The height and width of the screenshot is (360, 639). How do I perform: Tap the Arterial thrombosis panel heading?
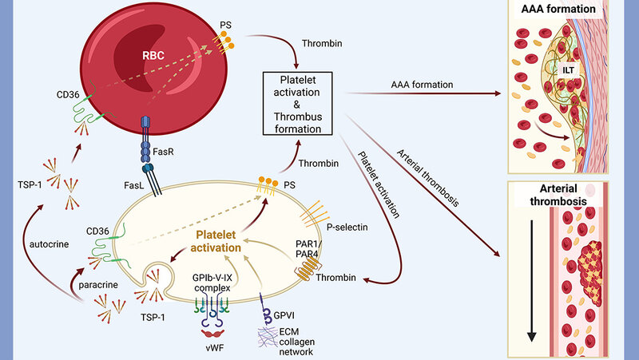pyautogui.click(x=568, y=196)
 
